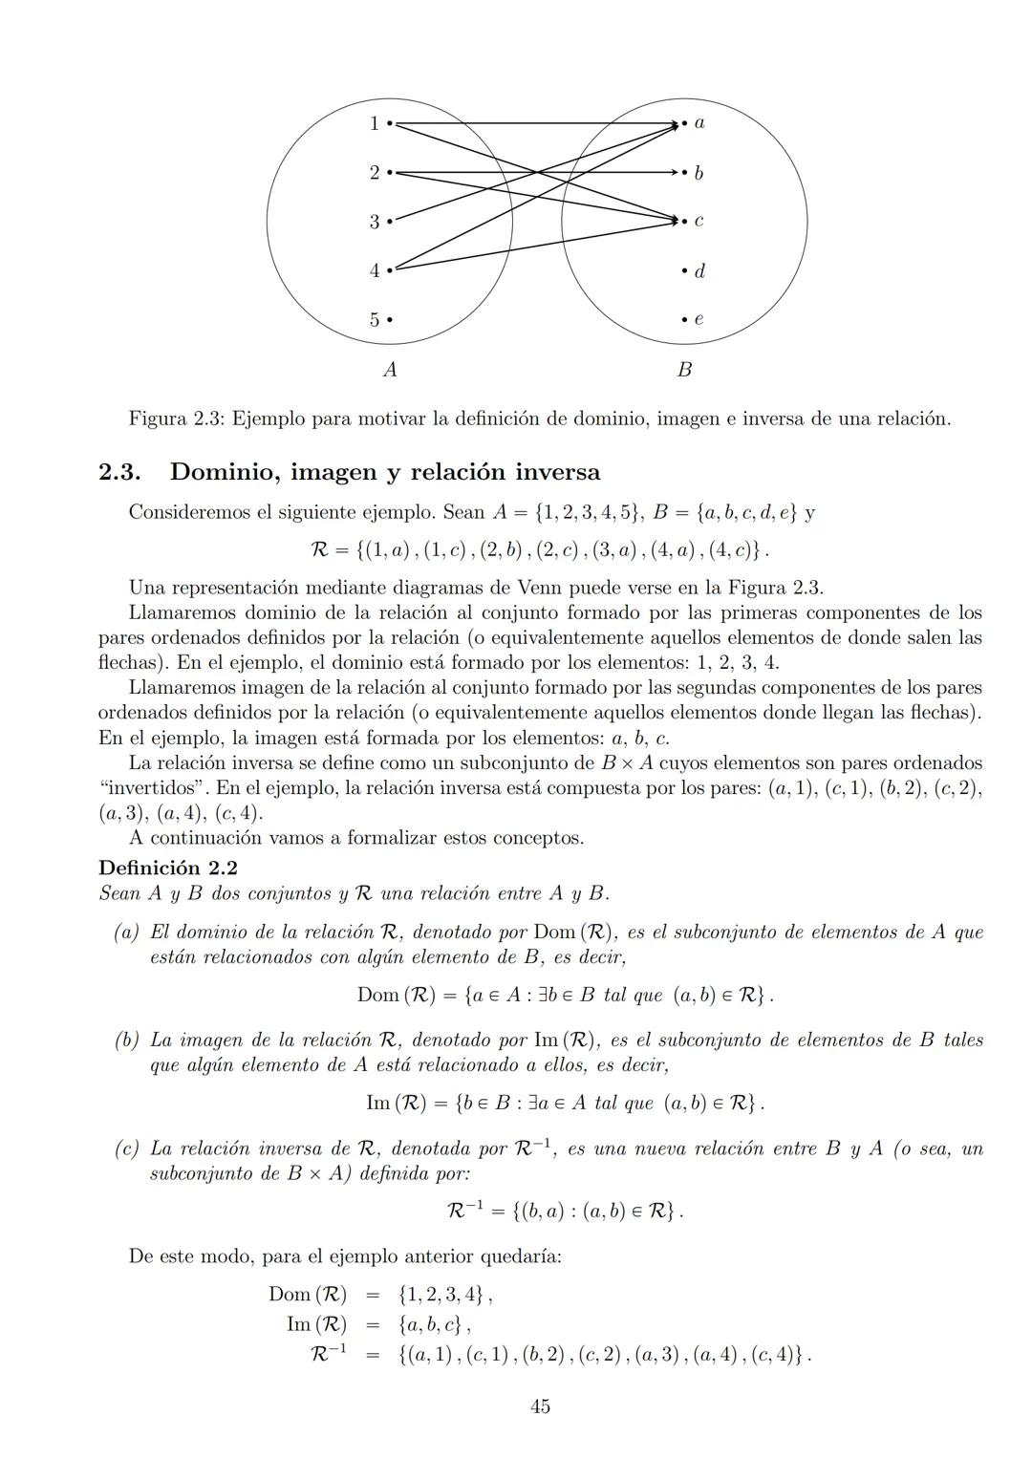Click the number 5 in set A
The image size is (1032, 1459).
point(375,319)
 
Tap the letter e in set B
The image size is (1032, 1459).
point(699,319)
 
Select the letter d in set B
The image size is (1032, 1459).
point(699,270)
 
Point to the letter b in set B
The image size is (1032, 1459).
point(699,173)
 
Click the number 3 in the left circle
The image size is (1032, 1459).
point(375,222)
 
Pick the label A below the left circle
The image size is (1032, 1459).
point(390,370)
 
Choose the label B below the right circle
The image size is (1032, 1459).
point(684,370)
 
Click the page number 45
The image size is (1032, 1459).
point(540,1405)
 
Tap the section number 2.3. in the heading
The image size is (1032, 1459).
point(120,472)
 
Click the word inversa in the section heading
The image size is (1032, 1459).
point(558,472)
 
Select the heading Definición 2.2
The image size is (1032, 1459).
point(168,868)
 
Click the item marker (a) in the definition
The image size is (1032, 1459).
point(127,932)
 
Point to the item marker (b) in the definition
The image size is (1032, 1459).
point(127,1040)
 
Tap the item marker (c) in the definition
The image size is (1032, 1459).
point(127,1148)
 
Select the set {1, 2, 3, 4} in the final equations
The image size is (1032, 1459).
point(441,1295)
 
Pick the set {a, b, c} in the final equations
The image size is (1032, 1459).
point(431,1325)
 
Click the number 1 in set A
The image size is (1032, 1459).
point(375,123)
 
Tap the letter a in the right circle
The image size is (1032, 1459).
point(699,123)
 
